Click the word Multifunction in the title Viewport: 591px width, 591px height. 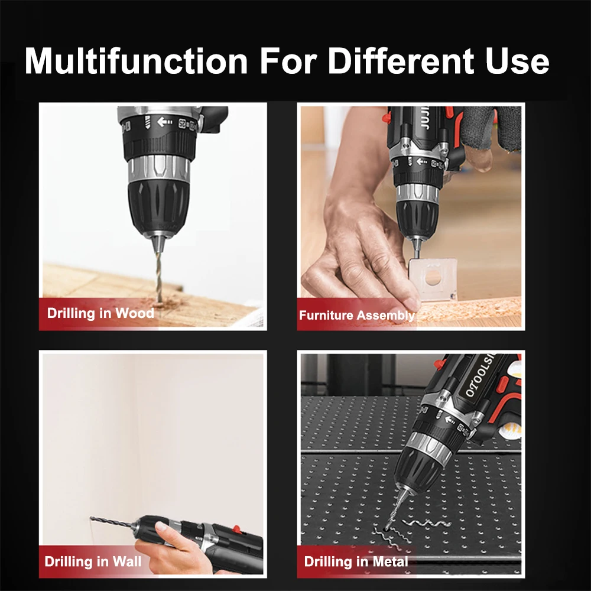pyautogui.click(x=136, y=61)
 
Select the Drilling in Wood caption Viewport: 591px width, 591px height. pyautogui.click(x=100, y=313)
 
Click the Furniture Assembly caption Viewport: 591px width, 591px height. pyautogui.click(x=357, y=316)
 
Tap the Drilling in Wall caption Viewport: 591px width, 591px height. pyautogui.click(x=93, y=561)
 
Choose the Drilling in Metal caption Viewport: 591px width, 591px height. pyautogui.click(x=356, y=561)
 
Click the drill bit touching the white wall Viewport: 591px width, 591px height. pyautogui.click(x=112, y=522)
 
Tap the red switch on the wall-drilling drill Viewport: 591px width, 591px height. pyautogui.click(x=237, y=529)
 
